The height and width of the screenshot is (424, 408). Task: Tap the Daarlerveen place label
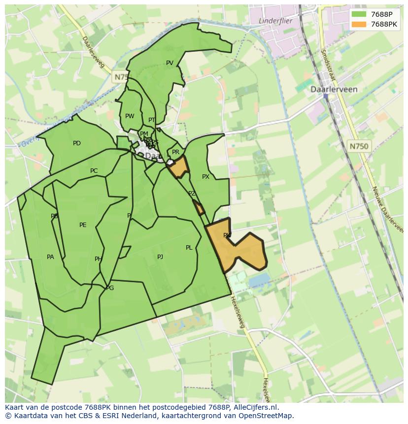[x=334, y=90]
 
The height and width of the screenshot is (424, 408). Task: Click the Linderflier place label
[x=275, y=21]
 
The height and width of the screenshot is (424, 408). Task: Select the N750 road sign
[x=359, y=146]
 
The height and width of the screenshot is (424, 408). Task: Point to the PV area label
[x=170, y=63]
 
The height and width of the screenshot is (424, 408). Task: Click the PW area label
[x=130, y=117]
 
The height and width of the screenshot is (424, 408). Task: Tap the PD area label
[x=77, y=144]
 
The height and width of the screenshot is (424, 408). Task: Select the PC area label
[x=94, y=171]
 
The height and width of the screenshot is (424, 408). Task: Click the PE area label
[x=83, y=226]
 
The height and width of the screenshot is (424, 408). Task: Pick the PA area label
[x=50, y=257]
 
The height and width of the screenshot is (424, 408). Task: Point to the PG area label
[x=110, y=288]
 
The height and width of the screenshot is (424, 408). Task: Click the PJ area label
[x=160, y=257]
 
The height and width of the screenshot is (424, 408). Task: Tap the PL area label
[x=189, y=248]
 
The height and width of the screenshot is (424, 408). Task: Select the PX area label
[x=205, y=177]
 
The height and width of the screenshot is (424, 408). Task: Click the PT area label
[x=152, y=120]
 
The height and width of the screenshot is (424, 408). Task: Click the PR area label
[x=175, y=153]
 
